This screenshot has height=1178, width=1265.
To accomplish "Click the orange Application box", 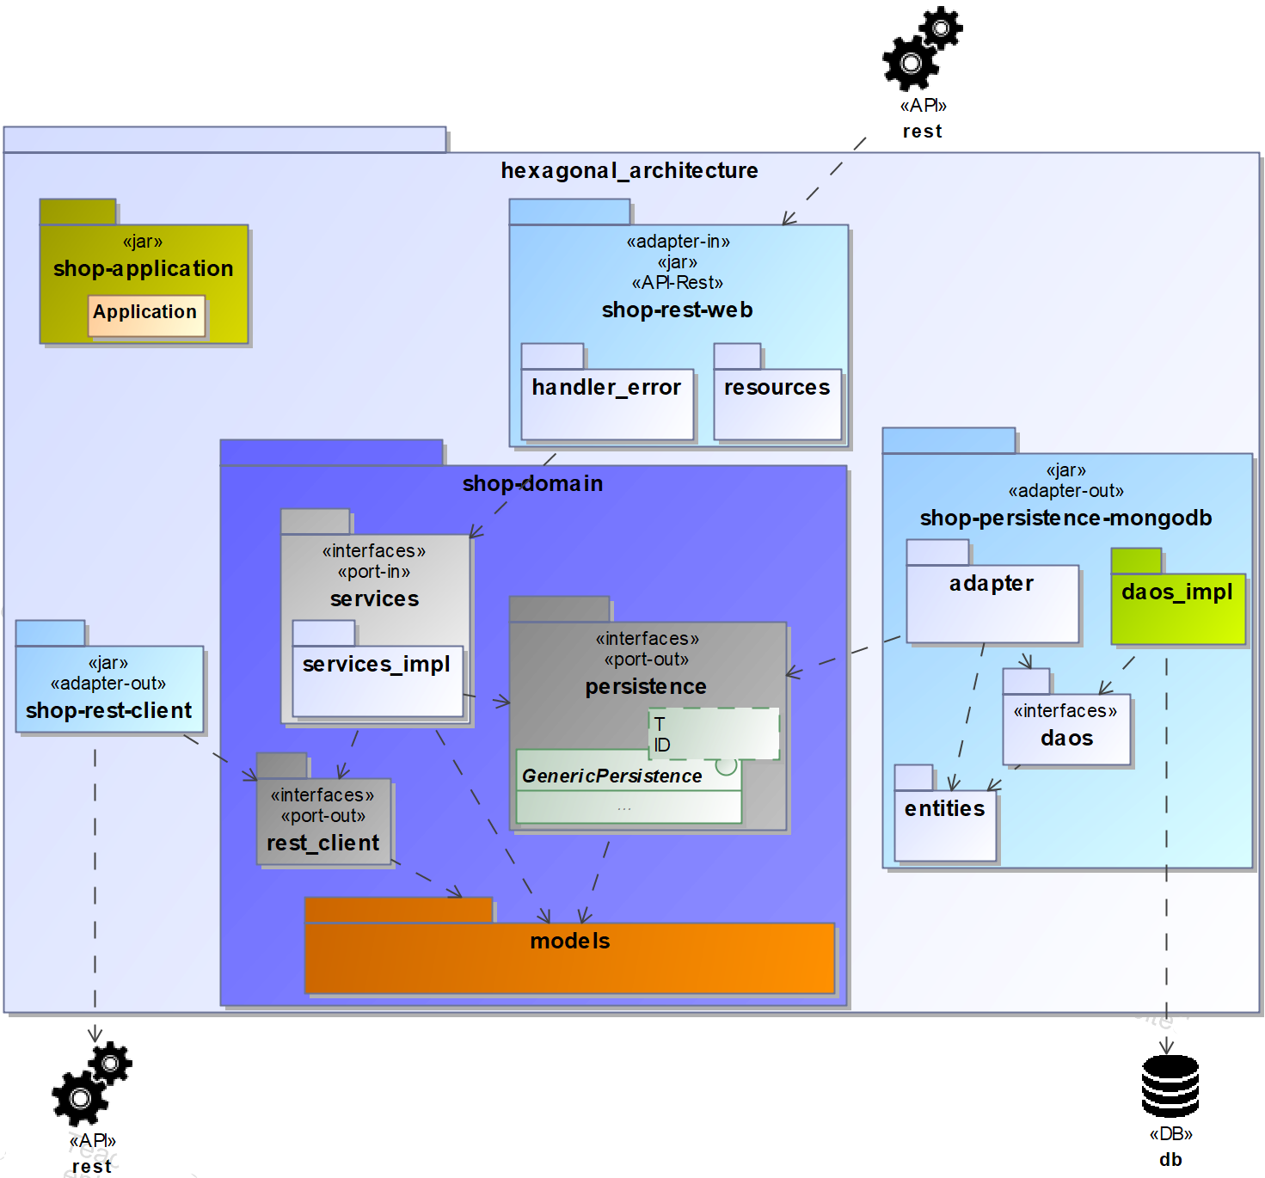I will [x=146, y=316].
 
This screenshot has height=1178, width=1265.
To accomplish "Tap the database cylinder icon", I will [x=1170, y=1086].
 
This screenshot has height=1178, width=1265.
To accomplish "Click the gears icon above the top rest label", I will [x=922, y=49].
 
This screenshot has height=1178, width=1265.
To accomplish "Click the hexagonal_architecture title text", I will [x=629, y=171].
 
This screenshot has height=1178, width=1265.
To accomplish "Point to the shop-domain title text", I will [x=532, y=484].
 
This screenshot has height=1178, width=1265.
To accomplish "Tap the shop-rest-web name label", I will [x=677, y=310].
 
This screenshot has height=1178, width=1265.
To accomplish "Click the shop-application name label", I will [x=143, y=269].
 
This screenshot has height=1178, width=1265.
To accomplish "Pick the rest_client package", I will [x=323, y=821].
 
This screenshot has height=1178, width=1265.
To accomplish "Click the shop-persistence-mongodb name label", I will [x=1065, y=518].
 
